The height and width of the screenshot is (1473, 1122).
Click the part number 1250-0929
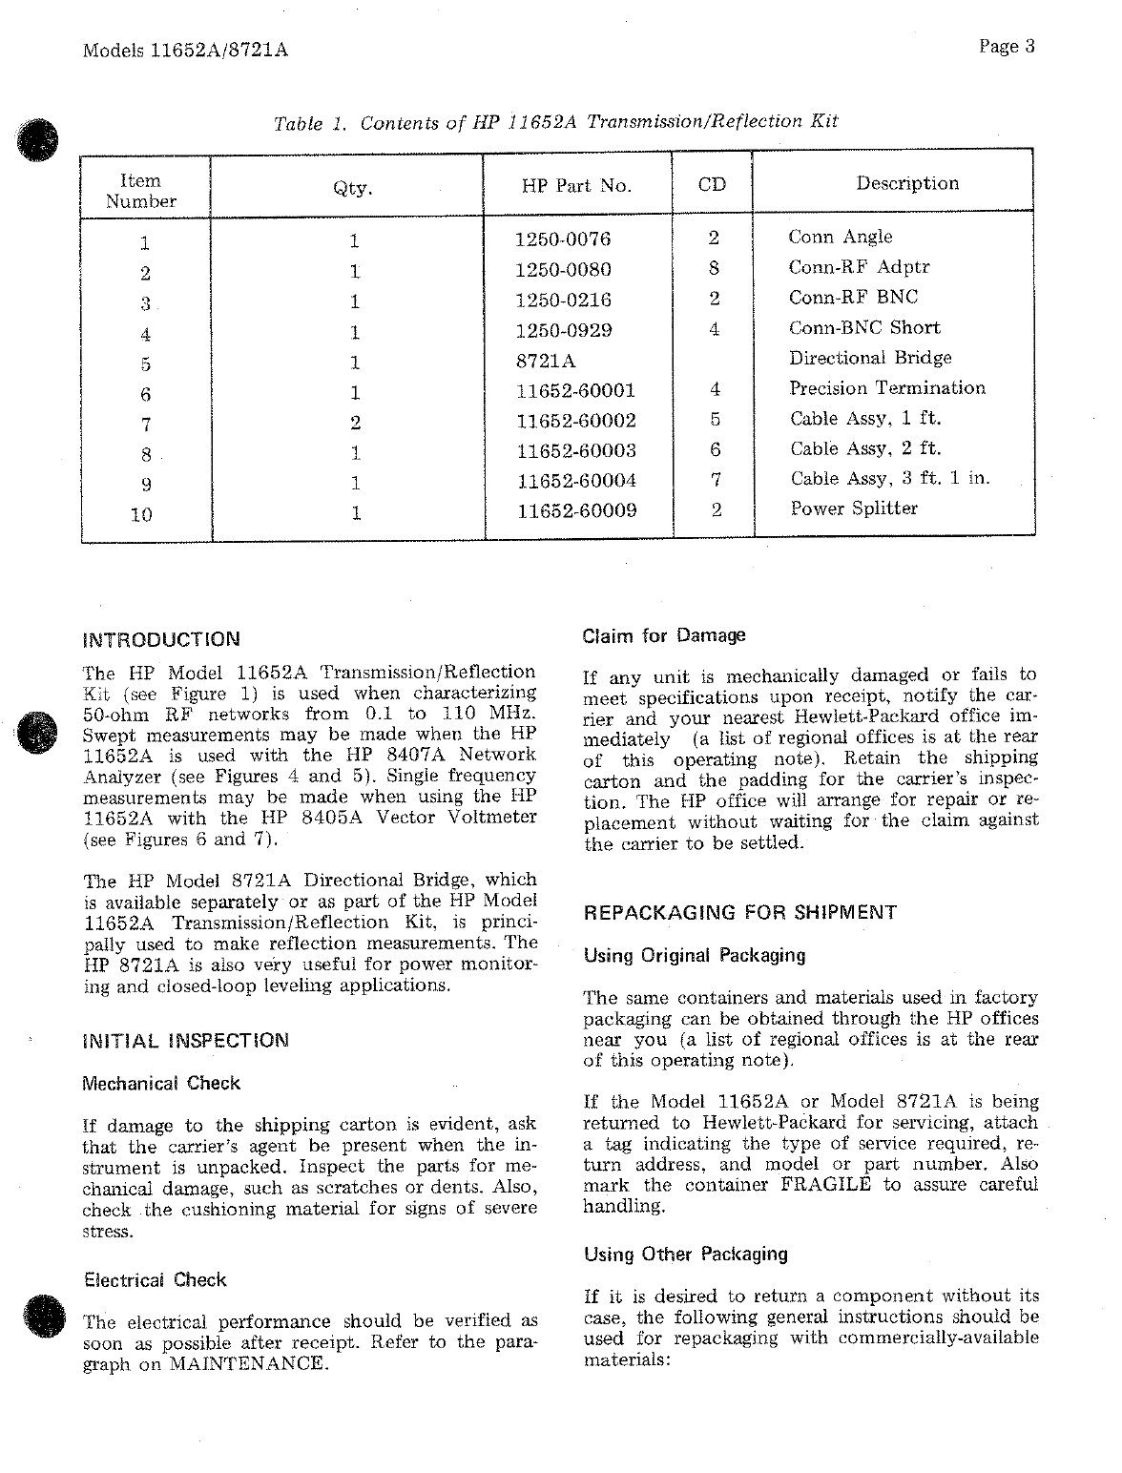pos(562,330)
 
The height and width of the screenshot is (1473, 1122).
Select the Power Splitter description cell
pos(853,508)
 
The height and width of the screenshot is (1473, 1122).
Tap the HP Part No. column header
pos(576,186)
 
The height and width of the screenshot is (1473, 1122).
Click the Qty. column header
pos(352,188)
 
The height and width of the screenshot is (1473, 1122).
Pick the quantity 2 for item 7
pos(354,422)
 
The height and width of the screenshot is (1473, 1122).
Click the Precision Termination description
pos(887,388)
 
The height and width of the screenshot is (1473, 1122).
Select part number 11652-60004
pos(575,481)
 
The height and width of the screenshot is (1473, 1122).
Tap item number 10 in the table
pos(141,515)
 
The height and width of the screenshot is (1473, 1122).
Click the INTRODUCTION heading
pos(162,639)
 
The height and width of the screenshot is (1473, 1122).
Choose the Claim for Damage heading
pos(664,635)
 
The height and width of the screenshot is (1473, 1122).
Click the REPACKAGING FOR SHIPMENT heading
pos(739,913)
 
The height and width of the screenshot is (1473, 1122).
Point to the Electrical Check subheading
pos(156,1280)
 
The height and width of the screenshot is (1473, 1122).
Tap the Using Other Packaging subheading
pos(686,1255)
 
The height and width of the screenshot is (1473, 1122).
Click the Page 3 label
pos(1007,47)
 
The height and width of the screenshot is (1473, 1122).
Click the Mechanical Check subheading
pos(162,1084)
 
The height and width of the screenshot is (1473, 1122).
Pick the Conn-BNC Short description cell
pos(863,328)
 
